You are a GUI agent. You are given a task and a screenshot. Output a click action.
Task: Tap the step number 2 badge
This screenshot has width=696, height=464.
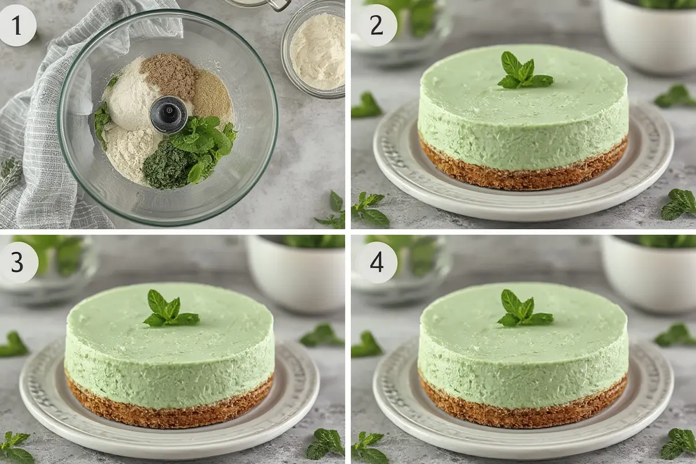(376, 26)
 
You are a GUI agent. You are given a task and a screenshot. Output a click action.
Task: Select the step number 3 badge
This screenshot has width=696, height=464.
(18, 263)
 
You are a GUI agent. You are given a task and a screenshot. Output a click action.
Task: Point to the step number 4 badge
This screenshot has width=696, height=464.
(376, 263)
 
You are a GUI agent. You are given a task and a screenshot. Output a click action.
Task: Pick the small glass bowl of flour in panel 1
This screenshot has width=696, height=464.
(314, 50)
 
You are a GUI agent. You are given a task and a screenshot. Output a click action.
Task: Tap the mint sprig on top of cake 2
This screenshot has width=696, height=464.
(524, 71)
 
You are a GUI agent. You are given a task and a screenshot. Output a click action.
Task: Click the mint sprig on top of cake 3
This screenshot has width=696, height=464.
(171, 309)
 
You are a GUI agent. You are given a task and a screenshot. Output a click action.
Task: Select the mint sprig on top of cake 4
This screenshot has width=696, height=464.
(524, 309)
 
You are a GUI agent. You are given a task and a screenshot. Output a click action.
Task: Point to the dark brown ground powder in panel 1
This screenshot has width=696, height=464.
(169, 75)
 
